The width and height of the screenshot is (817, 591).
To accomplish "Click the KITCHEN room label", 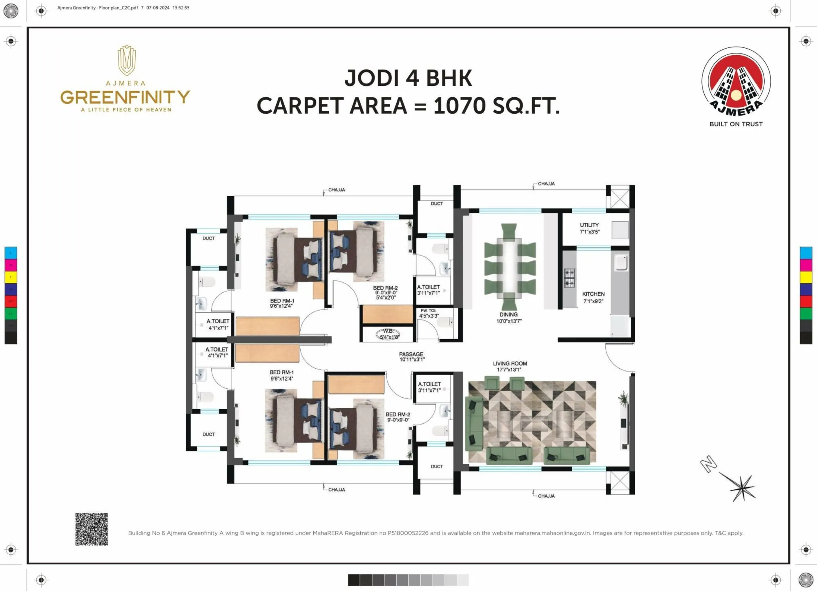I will (593, 294).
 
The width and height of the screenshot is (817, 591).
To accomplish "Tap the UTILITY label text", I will (589, 225).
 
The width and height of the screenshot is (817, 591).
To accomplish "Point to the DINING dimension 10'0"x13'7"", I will (509, 321).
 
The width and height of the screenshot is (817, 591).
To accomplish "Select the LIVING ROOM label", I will (510, 363).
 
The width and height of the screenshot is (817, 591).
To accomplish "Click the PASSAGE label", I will (411, 354).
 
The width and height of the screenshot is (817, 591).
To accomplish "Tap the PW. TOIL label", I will (428, 311).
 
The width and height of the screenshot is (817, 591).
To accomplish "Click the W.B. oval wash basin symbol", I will (388, 334).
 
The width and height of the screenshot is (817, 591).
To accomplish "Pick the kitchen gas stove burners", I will (569, 278).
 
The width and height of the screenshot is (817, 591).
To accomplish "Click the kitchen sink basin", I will (621, 263).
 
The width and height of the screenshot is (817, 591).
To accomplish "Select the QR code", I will (92, 529).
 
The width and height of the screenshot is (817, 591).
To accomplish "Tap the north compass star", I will (742, 488).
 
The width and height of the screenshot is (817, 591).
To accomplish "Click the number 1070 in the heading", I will (459, 106).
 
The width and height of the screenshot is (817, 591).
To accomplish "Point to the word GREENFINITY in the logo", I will (125, 97).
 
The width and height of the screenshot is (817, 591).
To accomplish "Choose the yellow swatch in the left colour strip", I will (11, 277).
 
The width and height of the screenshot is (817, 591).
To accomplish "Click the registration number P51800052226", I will (408, 533).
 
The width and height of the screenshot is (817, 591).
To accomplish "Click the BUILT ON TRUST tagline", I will (736, 124).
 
